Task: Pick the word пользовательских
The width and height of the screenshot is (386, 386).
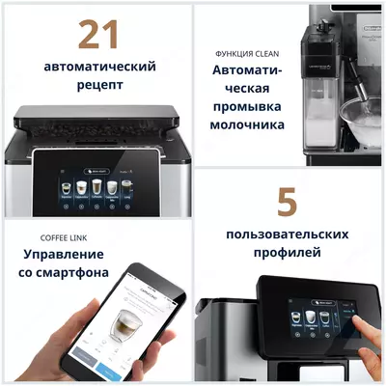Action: (287, 234)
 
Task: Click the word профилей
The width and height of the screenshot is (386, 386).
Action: (287, 254)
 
